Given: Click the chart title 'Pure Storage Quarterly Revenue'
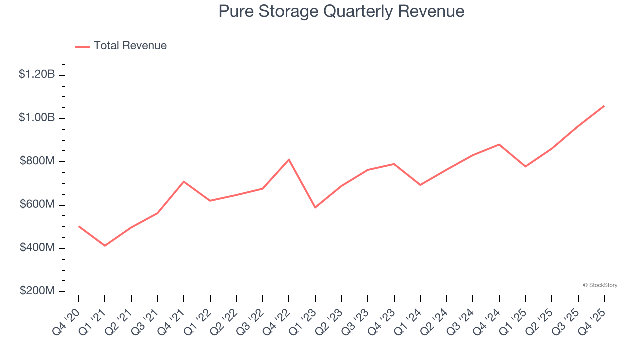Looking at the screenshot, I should pos(341,11).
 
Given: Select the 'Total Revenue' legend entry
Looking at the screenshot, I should pos(130,46).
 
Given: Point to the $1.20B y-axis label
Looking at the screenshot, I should pos(37,74).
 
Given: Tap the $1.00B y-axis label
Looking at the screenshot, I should pos(37,118).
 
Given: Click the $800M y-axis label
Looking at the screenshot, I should pos(37,161).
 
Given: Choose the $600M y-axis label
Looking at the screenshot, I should pos(37,204).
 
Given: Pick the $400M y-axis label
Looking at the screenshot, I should pos(37,248).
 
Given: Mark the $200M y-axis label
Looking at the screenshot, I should pos(37,291).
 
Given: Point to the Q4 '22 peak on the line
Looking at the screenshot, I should pos(289,160).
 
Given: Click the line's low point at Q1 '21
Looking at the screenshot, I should pos(105,246).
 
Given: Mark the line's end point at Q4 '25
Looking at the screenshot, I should pos(604,106).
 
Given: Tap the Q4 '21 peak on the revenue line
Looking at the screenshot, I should pos(184,182).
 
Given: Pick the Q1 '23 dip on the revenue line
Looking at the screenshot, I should pos(315,207).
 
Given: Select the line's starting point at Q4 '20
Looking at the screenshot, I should pos(79,226).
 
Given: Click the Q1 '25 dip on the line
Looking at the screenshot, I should pos(525,166).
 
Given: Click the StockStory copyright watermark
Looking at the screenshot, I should pos(600,285).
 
